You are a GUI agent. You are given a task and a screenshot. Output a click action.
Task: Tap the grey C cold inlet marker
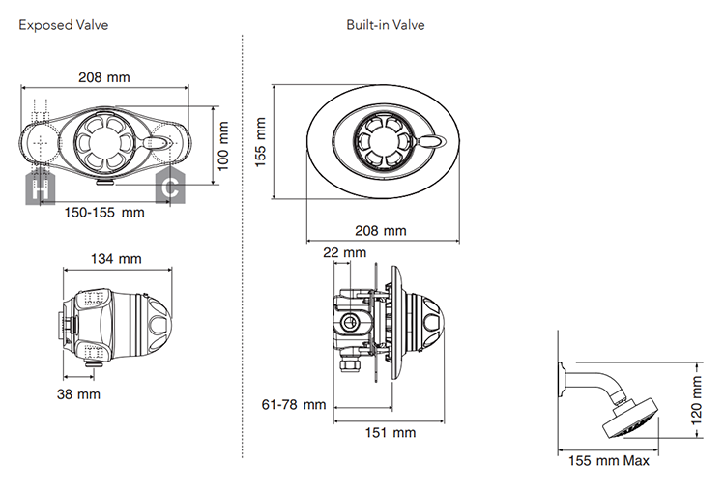tap(172, 188)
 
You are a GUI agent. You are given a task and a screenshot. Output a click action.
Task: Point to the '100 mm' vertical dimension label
tap(224, 145)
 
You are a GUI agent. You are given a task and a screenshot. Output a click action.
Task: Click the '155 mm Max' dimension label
tap(609, 460)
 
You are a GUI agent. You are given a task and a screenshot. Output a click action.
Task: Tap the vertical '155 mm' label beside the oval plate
tap(261, 142)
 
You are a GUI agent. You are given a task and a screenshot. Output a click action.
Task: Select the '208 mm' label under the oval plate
tap(382, 230)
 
